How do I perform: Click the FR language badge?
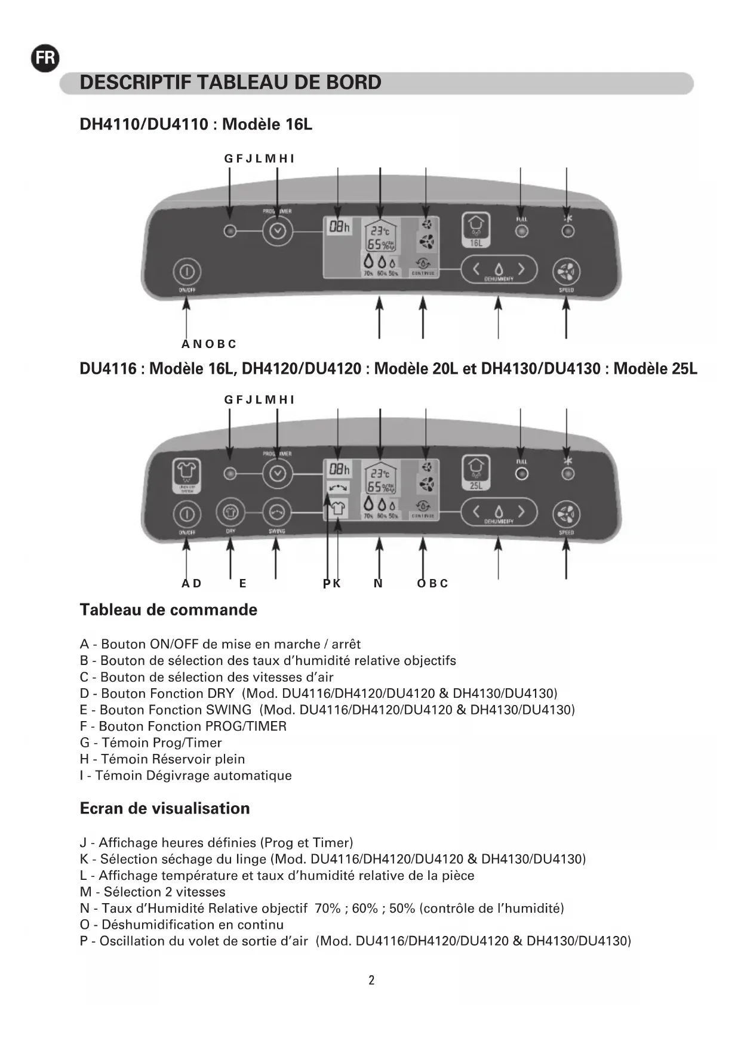[x=45, y=58]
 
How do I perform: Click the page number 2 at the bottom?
[x=371, y=980]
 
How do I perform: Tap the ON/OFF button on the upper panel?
[x=187, y=272]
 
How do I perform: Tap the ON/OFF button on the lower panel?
[x=187, y=513]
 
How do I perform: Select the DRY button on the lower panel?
[x=230, y=513]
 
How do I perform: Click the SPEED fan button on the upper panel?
[x=566, y=272]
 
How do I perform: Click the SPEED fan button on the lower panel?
[x=566, y=513]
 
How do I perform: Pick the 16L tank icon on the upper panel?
[x=476, y=229]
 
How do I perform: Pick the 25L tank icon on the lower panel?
[x=476, y=472]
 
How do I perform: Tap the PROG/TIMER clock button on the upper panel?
[x=278, y=230]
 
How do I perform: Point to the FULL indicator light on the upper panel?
[x=521, y=231]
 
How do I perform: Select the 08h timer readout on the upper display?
[x=339, y=227]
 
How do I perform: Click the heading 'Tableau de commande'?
[x=168, y=610]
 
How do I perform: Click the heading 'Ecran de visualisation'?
[x=165, y=808]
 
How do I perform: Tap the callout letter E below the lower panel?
[x=242, y=584]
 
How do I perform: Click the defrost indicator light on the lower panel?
[x=568, y=474]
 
